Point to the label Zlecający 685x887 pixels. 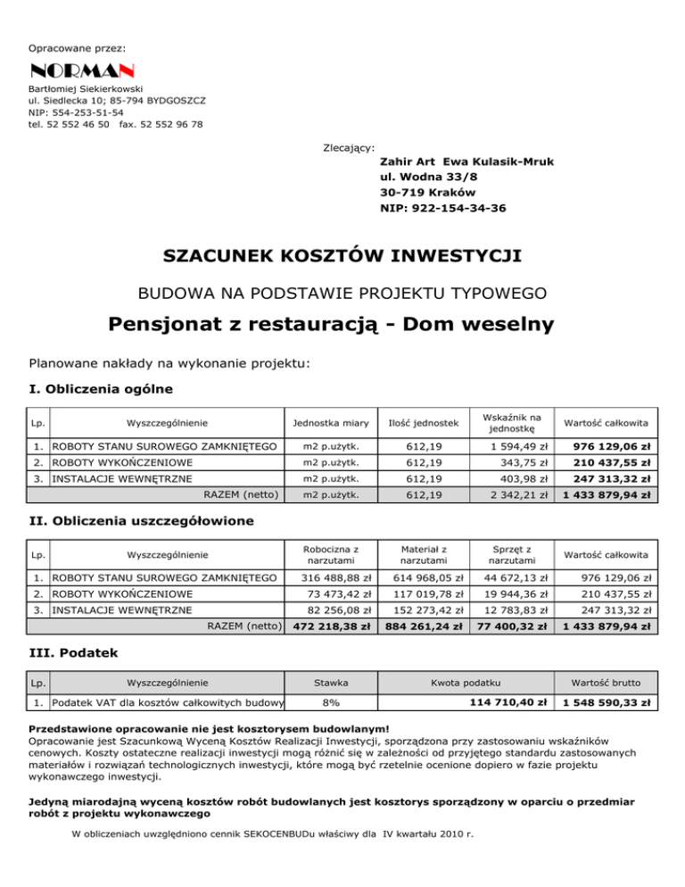pos(349,146)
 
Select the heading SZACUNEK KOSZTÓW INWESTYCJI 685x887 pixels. pos(342,257)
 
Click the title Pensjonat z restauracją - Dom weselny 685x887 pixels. pos(342,323)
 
